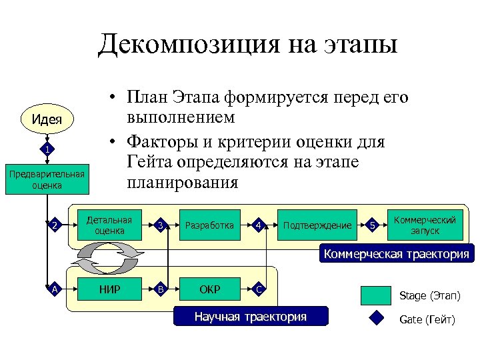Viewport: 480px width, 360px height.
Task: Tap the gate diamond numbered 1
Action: (x=47, y=148)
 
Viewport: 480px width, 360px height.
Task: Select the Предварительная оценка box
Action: (x=47, y=180)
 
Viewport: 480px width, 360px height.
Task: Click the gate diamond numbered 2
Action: (x=55, y=225)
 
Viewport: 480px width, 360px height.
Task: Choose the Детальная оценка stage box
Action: (x=109, y=225)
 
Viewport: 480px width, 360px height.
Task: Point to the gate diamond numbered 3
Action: (x=159, y=225)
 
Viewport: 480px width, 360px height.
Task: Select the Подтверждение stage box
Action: (x=317, y=225)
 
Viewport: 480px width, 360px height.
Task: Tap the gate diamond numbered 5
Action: (x=373, y=225)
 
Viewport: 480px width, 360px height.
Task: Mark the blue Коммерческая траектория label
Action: (x=396, y=254)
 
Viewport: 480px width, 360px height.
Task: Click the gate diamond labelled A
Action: (x=55, y=289)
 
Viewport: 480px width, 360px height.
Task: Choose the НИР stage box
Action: (x=109, y=289)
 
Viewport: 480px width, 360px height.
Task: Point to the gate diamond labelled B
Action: (x=159, y=289)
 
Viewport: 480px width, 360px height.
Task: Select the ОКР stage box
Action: (x=209, y=289)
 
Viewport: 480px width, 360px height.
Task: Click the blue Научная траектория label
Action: (x=251, y=316)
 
